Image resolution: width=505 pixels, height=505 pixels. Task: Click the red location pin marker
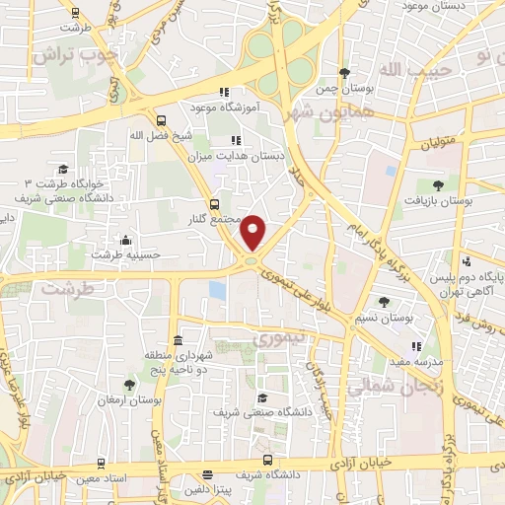click(254, 232)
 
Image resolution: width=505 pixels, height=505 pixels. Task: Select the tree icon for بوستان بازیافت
click(438, 184)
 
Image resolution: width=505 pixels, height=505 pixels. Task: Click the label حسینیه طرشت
click(124, 254)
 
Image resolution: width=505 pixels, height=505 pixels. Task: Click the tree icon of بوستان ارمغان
click(129, 385)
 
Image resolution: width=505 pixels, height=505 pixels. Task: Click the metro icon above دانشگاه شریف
click(268, 460)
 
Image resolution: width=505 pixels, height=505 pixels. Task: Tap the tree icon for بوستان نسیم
click(385, 303)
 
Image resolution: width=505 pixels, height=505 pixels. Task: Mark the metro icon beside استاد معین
click(101, 462)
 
